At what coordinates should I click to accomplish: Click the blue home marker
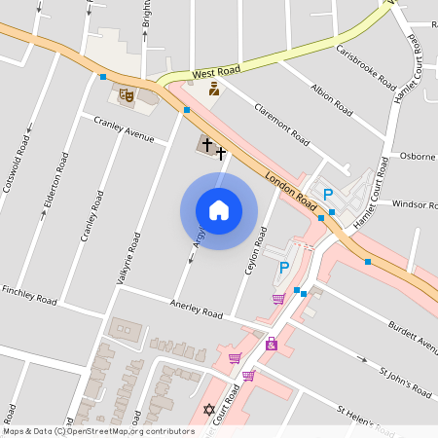point(219,210)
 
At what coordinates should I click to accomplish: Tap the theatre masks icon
point(126,95)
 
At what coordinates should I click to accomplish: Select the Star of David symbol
point(207,410)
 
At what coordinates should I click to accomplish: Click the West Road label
point(215,73)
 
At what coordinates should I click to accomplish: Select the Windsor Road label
point(415,204)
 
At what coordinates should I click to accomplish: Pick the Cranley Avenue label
point(124,129)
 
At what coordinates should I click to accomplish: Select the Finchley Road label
point(29,295)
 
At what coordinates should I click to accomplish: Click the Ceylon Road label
point(256,251)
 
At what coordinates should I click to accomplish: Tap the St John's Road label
point(405,383)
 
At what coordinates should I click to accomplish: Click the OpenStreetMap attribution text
point(98,430)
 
